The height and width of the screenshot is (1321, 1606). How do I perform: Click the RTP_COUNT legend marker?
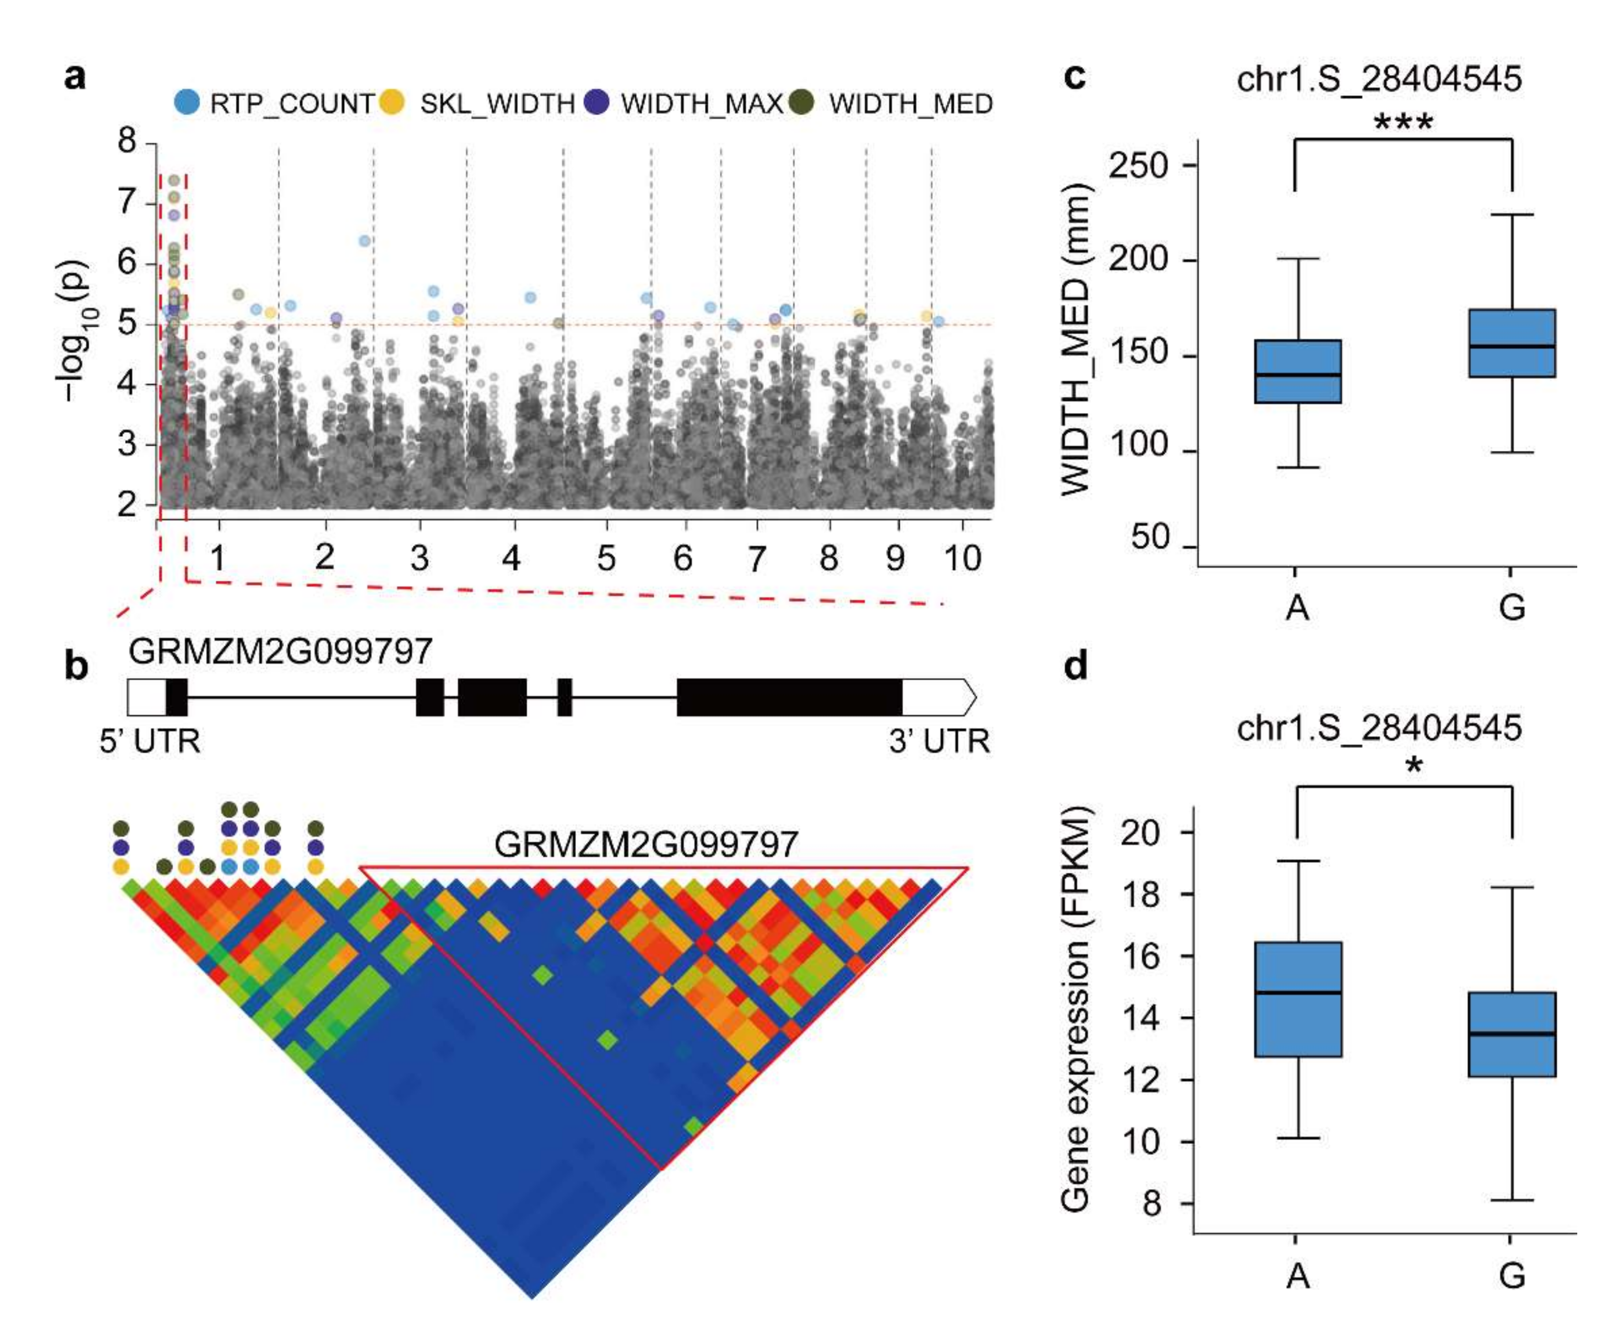tap(187, 102)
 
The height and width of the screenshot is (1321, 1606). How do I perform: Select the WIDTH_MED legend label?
tap(910, 104)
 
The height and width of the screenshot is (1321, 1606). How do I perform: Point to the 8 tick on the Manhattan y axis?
tap(127, 141)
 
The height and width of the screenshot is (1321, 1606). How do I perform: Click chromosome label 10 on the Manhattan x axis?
tap(962, 558)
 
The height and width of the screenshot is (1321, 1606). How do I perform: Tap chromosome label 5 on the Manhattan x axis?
tap(606, 558)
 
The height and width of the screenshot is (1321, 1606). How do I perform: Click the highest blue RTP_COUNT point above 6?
tap(364, 241)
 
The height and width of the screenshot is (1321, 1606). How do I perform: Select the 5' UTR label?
tap(150, 740)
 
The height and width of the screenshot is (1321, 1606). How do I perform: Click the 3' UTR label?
tap(939, 740)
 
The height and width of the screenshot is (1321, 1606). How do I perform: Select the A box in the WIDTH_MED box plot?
tap(1297, 371)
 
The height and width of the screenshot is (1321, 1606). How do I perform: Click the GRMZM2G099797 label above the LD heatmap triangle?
tap(646, 844)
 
